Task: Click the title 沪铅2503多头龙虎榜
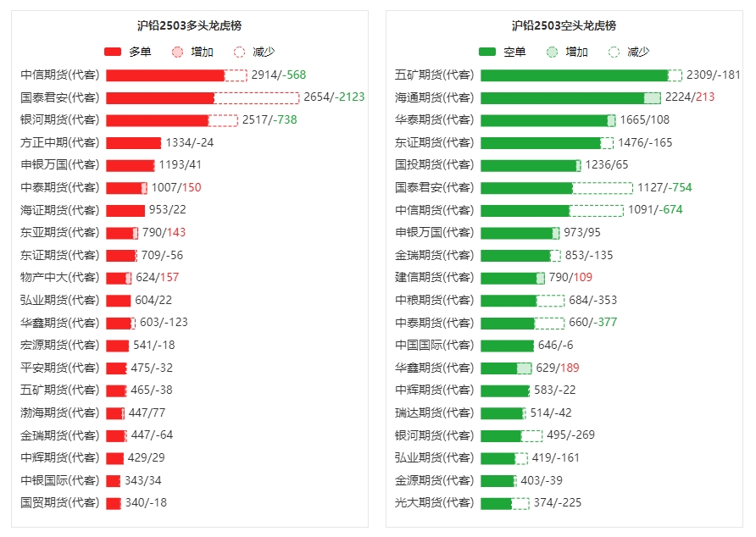tap(189, 26)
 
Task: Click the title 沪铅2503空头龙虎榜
tap(564, 26)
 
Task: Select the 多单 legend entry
tap(128, 52)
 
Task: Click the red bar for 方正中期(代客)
tap(133, 142)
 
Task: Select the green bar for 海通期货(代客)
tap(562, 97)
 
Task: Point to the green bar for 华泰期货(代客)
tap(543, 120)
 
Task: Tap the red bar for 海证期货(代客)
tap(125, 210)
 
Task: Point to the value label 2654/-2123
tap(334, 97)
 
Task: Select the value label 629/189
tap(558, 368)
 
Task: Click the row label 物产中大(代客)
tap(59, 278)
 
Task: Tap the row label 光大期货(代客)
tap(434, 503)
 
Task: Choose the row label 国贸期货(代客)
tap(59, 503)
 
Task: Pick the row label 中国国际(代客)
tap(434, 346)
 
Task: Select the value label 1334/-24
tap(190, 142)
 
